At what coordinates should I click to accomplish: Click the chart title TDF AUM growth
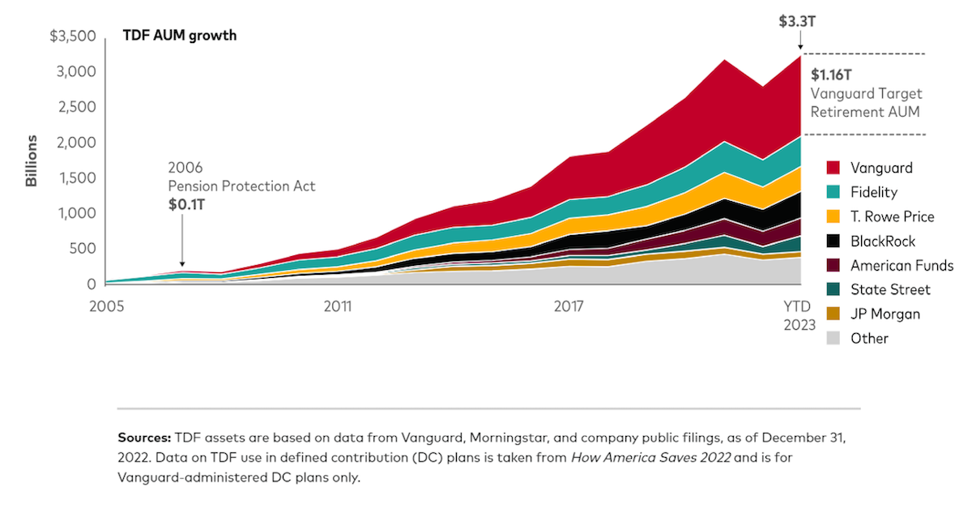click(179, 36)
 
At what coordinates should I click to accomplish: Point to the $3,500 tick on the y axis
click(73, 36)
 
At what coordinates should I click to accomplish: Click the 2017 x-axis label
click(569, 306)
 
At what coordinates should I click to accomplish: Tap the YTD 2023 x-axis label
click(799, 314)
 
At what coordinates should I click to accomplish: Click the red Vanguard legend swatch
click(833, 168)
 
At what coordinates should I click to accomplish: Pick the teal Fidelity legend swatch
click(833, 192)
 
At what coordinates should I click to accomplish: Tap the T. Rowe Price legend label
click(892, 216)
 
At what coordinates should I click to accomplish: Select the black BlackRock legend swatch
click(833, 241)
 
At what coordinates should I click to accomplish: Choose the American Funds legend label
click(902, 265)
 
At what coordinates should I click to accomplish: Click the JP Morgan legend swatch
click(833, 314)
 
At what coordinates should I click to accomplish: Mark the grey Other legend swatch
click(833, 338)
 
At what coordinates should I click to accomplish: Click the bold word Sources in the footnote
click(143, 437)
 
